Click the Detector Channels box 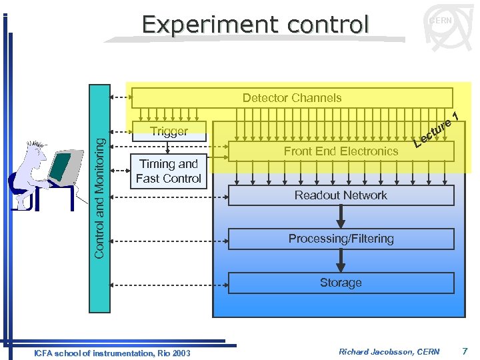[292, 98]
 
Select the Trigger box [169, 131]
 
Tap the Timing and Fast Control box [169, 171]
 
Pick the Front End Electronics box [341, 151]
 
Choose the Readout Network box [341, 195]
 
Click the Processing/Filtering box [341, 239]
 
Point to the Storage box [341, 283]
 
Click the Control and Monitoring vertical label [99, 197]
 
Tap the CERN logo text [441, 21]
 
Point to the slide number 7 [465, 351]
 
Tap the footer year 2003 [180, 353]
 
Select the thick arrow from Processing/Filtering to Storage [341, 261]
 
